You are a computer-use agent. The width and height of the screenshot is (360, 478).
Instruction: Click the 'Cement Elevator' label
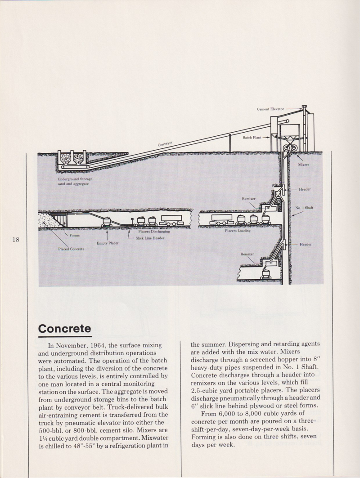point(270,109)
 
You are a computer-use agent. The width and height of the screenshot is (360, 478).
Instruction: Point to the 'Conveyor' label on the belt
point(166,144)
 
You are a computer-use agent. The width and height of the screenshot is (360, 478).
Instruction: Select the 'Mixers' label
point(304,165)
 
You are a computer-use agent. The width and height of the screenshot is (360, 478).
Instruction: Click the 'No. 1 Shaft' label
point(304,208)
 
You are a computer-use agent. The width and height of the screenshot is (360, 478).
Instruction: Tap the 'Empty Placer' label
point(108,243)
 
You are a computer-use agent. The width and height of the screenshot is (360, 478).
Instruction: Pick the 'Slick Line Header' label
point(150,238)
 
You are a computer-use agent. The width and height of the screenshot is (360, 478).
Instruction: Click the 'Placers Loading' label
point(238,231)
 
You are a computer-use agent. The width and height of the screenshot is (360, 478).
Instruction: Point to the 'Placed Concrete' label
point(71,249)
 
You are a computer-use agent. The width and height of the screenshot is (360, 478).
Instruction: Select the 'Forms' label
point(75,235)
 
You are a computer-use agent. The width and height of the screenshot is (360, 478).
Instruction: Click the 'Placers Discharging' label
point(154,232)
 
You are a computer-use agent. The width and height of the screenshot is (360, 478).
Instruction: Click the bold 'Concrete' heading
point(65,328)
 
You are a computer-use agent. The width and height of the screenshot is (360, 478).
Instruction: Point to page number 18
point(16,240)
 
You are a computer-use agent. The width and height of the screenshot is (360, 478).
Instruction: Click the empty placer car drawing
point(108,221)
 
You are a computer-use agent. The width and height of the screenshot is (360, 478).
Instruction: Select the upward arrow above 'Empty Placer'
point(107,234)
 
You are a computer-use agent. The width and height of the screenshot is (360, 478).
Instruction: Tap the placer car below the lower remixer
point(265,273)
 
